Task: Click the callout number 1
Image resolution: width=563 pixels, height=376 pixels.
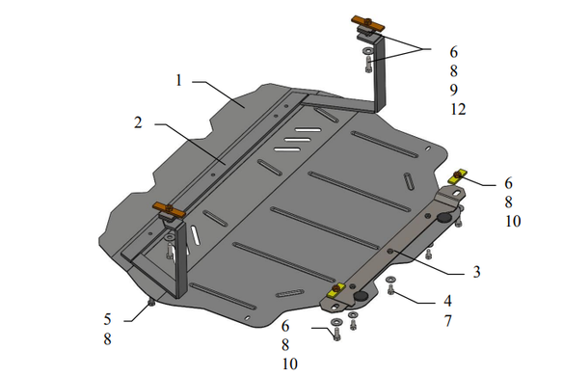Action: pos(178,80)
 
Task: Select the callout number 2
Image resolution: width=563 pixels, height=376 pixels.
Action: pos(138,122)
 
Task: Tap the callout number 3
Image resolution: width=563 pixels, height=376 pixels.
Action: pos(476,272)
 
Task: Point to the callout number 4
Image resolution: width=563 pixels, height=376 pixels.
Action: pos(447,301)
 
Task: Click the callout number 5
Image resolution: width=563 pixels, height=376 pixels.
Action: pos(107,319)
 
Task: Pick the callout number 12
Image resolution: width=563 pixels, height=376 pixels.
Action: pos(458,109)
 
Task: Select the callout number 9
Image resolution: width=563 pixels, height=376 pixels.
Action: pos(454,90)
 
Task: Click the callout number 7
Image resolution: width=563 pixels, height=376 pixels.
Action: pos(447,321)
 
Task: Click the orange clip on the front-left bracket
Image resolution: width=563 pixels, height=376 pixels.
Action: pos(169,210)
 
